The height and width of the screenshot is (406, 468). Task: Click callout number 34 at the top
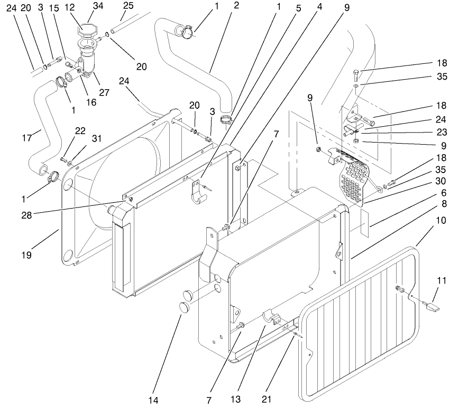(98, 6)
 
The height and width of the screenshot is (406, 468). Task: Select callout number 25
(128, 6)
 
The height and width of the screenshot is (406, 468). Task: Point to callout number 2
(236, 6)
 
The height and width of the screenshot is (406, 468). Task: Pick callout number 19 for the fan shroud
(26, 255)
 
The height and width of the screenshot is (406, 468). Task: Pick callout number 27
(104, 92)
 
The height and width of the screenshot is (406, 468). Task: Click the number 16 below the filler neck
(91, 102)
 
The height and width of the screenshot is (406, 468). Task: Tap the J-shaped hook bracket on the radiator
(200, 194)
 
